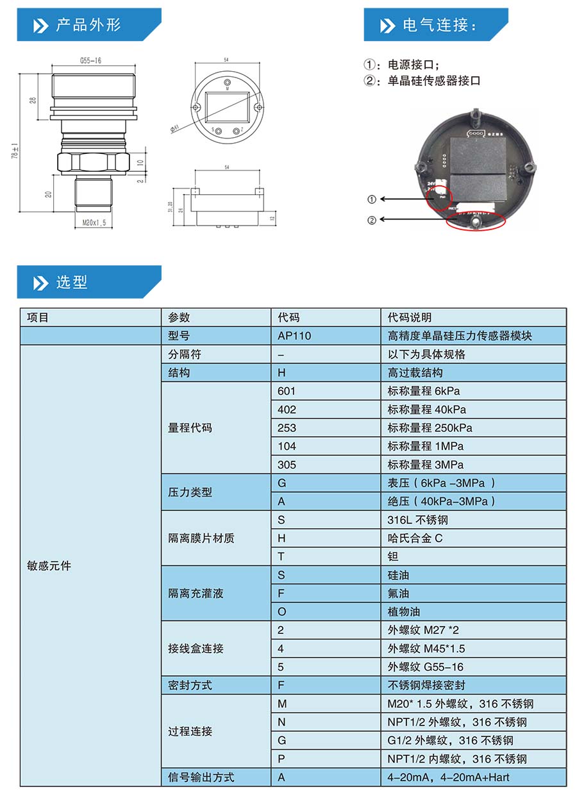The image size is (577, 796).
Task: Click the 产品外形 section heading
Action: tap(88, 25)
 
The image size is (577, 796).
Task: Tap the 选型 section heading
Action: tap(72, 283)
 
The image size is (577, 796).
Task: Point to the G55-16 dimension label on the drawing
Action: tap(91, 61)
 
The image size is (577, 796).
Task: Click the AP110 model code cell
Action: tap(294, 336)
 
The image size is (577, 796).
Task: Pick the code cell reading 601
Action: tap(287, 391)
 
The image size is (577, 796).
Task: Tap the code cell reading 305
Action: tap(287, 465)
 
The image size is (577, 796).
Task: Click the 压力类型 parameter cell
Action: tap(190, 492)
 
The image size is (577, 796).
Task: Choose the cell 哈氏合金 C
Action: tap(415, 538)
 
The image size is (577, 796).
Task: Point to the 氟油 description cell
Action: tap(398, 593)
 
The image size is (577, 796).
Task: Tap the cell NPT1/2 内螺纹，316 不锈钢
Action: tap(457, 759)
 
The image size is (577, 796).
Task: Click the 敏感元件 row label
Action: tap(49, 566)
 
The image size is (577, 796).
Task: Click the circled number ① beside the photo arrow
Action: tap(372, 199)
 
